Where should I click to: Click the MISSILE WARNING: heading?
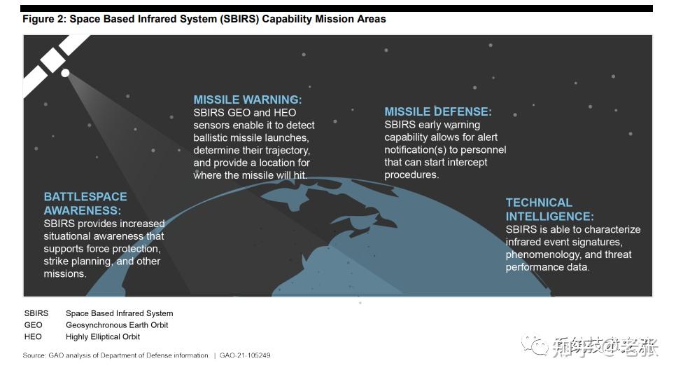pyautogui.click(x=248, y=100)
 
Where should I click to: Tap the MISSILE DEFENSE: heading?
pyautogui.click(x=438, y=111)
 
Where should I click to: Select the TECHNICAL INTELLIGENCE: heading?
pyautogui.click(x=549, y=210)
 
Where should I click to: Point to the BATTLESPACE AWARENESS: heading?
pyautogui.click(x=85, y=203)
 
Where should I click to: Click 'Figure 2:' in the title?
pyautogui.click(x=43, y=19)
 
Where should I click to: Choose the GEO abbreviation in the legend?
pyautogui.click(x=33, y=325)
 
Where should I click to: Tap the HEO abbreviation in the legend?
pyautogui.click(x=33, y=336)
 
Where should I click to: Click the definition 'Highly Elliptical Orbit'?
pyautogui.click(x=103, y=336)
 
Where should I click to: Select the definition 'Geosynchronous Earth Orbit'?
pyautogui.click(x=117, y=325)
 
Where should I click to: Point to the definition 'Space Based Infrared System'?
pyautogui.click(x=119, y=313)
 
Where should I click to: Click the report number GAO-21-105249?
pyautogui.click(x=244, y=355)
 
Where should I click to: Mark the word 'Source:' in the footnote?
pyautogui.click(x=34, y=355)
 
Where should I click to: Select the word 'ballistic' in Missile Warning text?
pyautogui.click(x=214, y=137)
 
